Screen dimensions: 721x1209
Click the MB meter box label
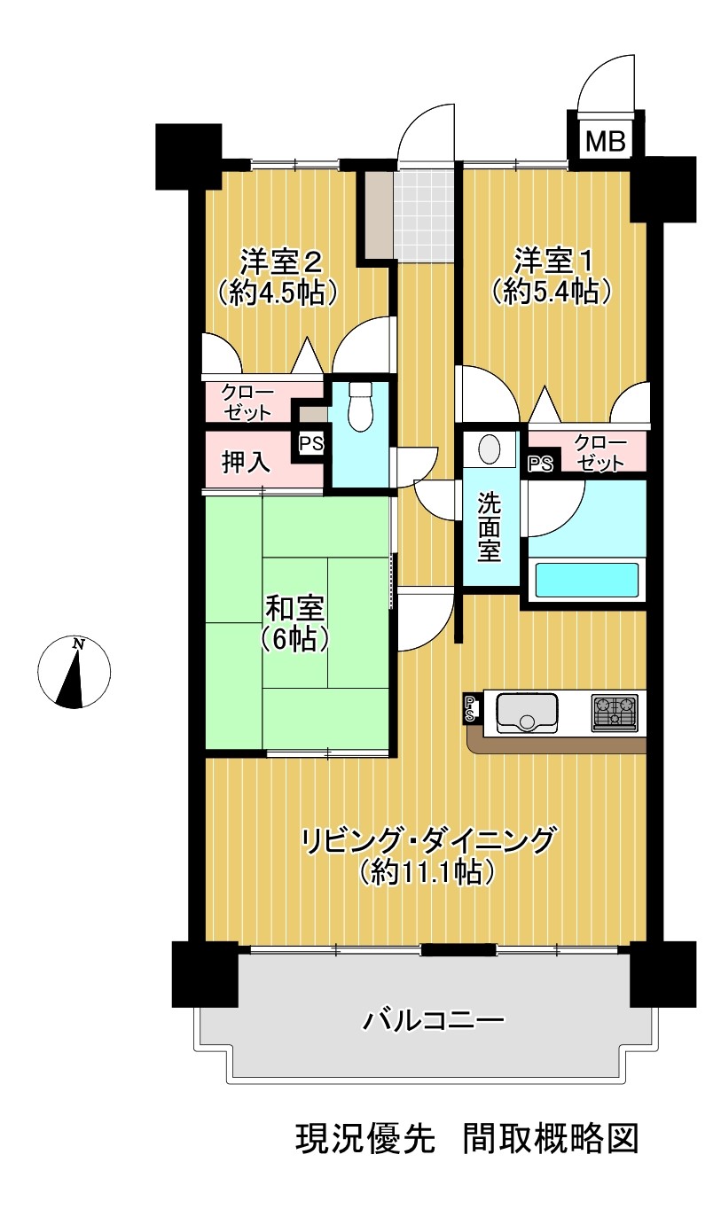[x=606, y=142]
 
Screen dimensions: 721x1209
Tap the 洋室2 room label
[x=281, y=261]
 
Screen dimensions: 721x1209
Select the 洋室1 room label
[x=553, y=261]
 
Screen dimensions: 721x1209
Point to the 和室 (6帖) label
[x=295, y=624]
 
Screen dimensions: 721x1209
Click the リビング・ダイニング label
[x=427, y=841]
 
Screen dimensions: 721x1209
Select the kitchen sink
[x=527, y=713]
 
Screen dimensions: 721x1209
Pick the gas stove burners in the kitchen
[x=614, y=713]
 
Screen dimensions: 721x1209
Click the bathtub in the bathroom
[x=586, y=580]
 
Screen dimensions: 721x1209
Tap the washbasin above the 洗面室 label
[x=490, y=448]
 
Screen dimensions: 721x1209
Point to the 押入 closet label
[x=246, y=462]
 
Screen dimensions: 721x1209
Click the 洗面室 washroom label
[x=489, y=527]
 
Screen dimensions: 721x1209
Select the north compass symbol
[x=74, y=672]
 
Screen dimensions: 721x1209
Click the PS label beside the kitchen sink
[x=469, y=709]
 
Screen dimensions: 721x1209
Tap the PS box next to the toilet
[x=311, y=444]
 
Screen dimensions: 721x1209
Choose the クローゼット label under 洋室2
[x=247, y=402]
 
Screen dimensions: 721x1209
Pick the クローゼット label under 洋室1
[x=600, y=453]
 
